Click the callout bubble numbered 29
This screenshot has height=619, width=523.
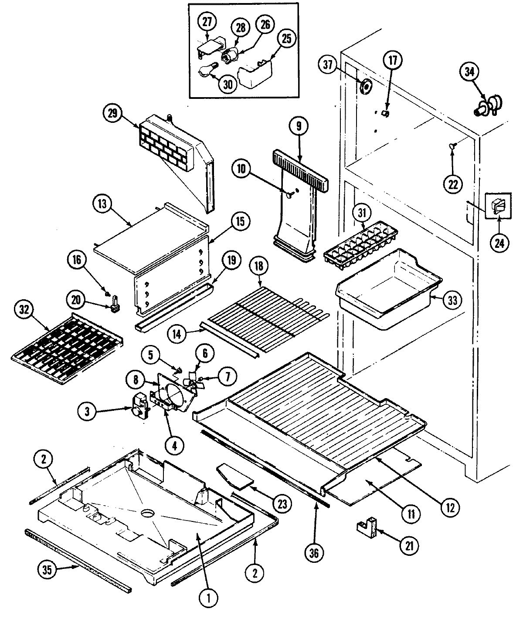pyautogui.click(x=112, y=113)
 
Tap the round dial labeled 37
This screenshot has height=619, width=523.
pyautogui.click(x=366, y=87)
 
